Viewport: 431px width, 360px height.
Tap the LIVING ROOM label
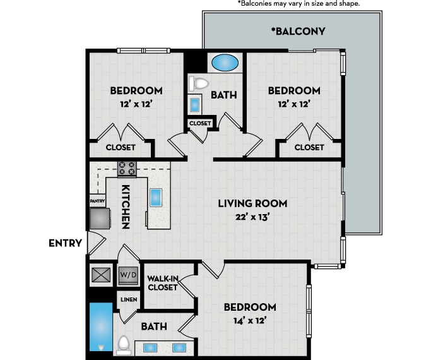point(252,203)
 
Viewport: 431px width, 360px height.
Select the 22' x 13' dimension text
point(252,218)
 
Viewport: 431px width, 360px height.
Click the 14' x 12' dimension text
point(249,320)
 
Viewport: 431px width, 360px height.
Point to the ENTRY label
point(65,243)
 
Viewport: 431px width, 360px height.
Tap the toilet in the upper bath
point(199,83)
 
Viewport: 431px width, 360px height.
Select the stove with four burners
point(127,169)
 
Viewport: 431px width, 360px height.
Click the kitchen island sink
point(156,198)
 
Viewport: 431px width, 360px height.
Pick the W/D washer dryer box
point(128,275)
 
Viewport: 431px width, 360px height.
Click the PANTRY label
point(97,201)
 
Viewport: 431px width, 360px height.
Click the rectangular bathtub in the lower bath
point(100,326)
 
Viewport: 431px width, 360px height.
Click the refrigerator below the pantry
point(100,219)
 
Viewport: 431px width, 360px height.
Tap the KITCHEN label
point(126,207)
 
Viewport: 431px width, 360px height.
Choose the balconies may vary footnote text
point(298,4)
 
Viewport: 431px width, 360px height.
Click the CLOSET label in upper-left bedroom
point(121,147)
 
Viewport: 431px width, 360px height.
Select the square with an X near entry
point(100,275)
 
